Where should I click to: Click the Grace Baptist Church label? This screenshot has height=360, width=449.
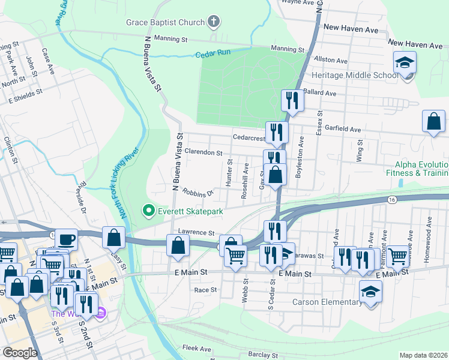tap(165, 23)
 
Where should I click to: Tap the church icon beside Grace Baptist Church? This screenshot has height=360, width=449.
tap(212, 23)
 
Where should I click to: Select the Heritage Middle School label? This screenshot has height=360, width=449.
tap(354, 75)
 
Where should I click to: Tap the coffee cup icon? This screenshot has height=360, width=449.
tap(67, 239)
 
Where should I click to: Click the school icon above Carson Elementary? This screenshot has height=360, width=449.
tap(370, 292)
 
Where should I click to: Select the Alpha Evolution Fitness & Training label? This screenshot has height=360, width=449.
tap(421, 169)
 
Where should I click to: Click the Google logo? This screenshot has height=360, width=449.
tap(20, 353)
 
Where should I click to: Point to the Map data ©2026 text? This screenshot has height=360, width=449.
tap(423, 355)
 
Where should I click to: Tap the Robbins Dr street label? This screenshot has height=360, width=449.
tap(198, 193)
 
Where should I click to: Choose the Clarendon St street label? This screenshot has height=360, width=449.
tap(203, 152)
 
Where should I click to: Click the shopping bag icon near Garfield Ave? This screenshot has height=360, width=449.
tap(433, 122)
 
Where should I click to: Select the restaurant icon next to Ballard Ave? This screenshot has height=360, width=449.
tap(292, 100)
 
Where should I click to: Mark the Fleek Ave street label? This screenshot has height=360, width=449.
tap(197, 348)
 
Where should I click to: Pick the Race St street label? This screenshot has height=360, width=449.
tap(205, 289)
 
